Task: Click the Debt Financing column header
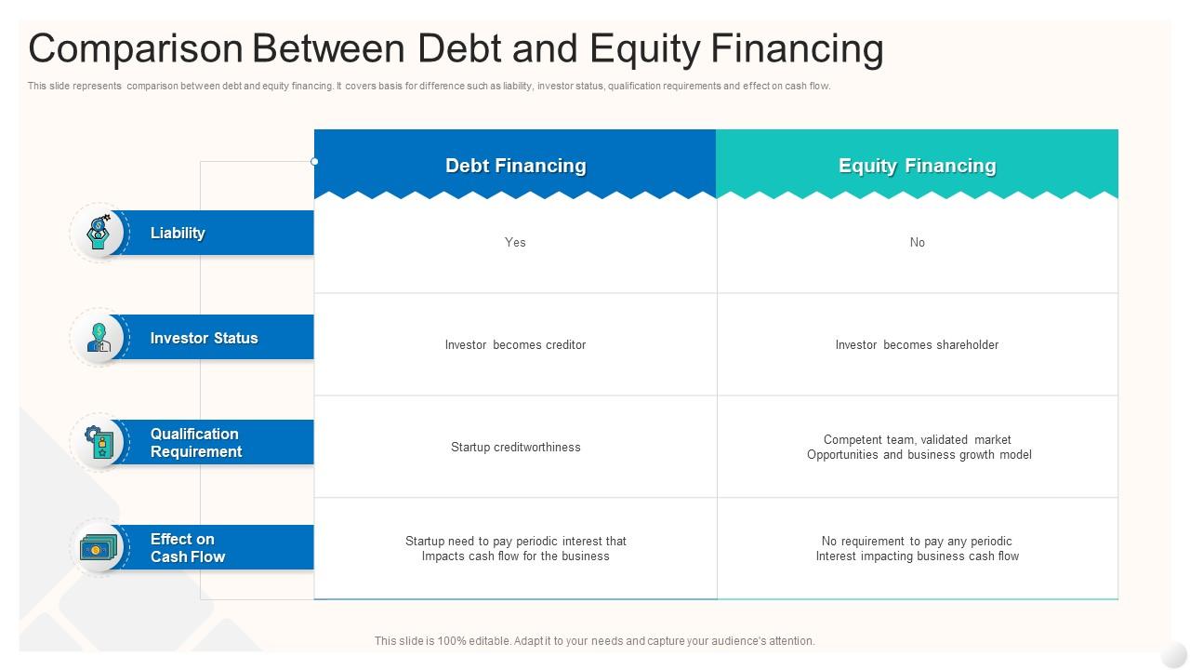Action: tap(515, 166)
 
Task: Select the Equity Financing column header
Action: tap(917, 166)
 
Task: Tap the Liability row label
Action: tap(178, 233)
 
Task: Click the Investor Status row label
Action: tap(204, 338)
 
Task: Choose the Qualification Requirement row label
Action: tap(196, 442)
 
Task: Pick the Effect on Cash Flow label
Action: tap(188, 548)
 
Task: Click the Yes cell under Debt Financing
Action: tap(515, 243)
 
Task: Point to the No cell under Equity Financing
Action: tap(918, 243)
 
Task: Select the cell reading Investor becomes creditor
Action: tap(515, 344)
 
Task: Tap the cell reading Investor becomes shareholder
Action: tap(917, 344)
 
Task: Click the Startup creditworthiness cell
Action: tap(515, 448)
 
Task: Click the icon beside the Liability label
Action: tap(99, 233)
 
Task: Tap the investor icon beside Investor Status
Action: tap(99, 338)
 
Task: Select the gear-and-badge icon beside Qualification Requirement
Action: tap(99, 442)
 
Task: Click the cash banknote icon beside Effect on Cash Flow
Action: tap(99, 548)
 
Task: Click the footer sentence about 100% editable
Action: tap(594, 641)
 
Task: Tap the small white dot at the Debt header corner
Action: tap(314, 162)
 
